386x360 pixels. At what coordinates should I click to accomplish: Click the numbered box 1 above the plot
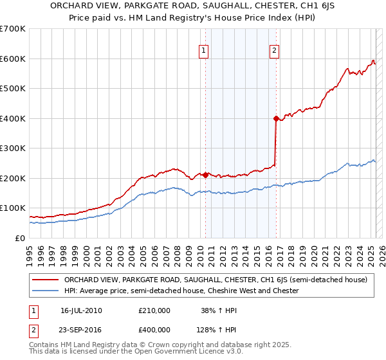click(203, 51)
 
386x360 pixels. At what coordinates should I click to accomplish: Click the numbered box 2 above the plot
click(274, 51)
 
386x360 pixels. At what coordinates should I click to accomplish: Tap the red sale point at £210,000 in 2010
click(206, 175)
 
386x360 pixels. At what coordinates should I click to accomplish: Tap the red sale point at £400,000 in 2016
click(276, 118)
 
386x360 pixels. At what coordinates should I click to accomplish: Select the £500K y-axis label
click(14, 89)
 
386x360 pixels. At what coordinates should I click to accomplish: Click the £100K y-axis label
click(14, 208)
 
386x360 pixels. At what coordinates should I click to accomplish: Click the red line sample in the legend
click(46, 280)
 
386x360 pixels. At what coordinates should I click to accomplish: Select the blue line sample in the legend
click(46, 291)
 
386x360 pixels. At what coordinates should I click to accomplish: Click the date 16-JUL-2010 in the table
click(82, 310)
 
